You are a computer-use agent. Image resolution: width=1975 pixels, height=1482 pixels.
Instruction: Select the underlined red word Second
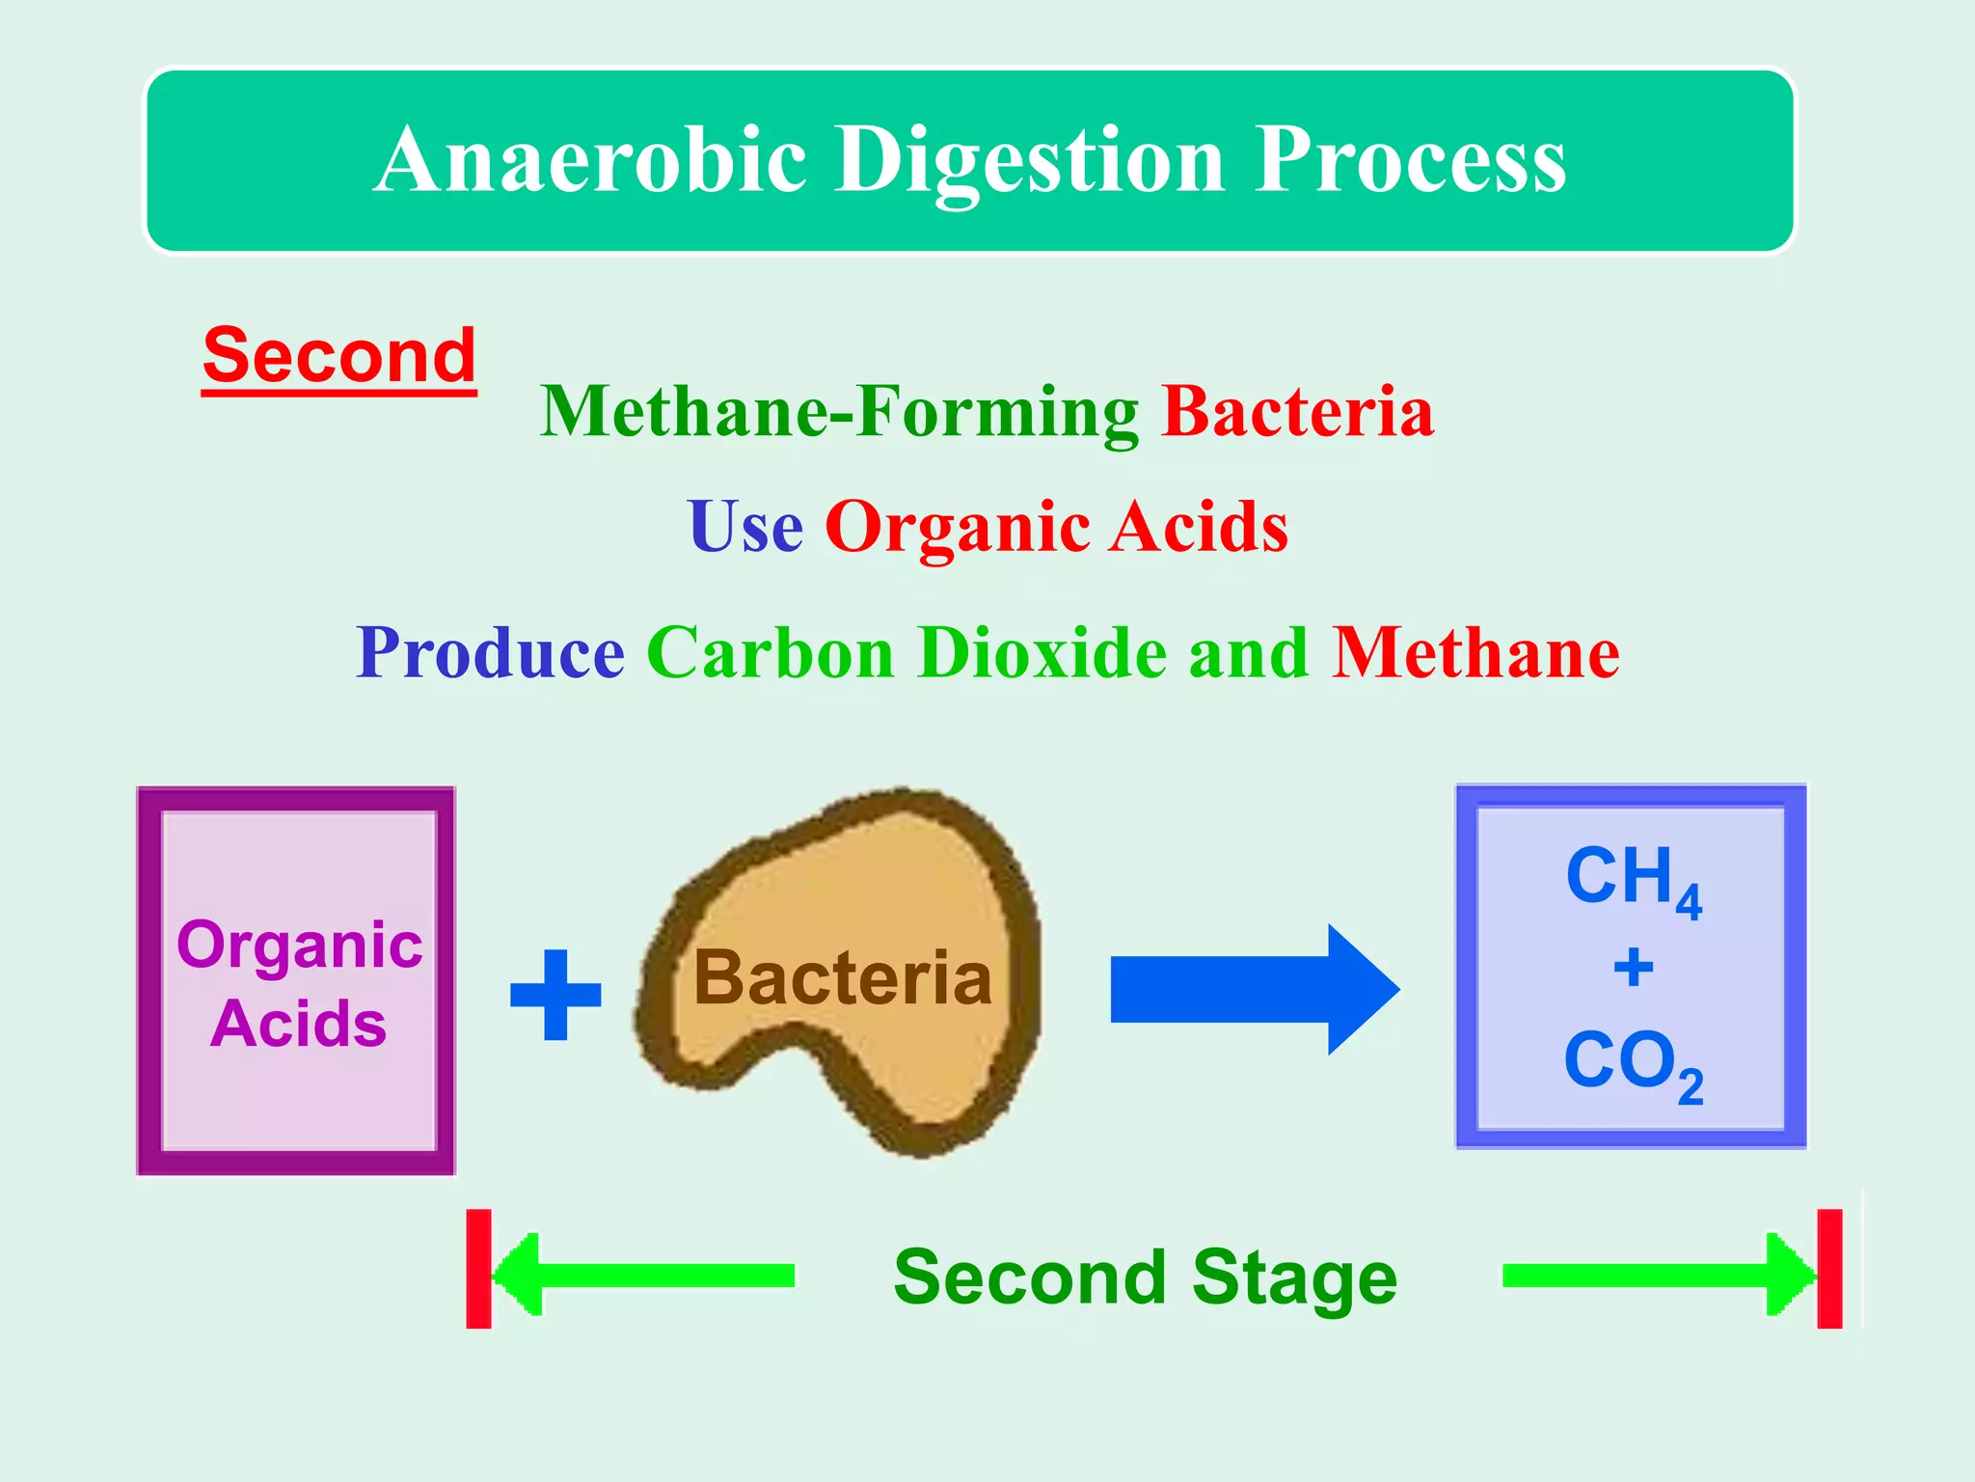pos(339,356)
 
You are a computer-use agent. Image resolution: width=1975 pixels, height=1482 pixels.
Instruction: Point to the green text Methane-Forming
pos(838,412)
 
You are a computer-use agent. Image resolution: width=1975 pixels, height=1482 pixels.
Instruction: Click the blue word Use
pos(744,527)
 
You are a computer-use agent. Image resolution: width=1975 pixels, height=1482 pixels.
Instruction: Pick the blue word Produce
pos(490,653)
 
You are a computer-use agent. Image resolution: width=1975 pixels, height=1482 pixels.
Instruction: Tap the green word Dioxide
pos(1042,653)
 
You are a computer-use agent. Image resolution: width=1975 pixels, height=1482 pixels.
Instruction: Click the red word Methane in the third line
pos(1474,653)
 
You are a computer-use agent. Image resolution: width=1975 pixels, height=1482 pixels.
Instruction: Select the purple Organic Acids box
pos(297,980)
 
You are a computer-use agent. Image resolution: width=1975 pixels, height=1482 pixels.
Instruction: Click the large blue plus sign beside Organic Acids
pos(555,995)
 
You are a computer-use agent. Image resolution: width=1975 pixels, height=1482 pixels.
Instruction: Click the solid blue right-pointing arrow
pos(1254,989)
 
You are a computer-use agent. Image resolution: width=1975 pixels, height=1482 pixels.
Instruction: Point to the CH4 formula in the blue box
pos(1633,878)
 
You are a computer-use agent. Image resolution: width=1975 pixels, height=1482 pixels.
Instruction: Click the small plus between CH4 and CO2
pos(1633,967)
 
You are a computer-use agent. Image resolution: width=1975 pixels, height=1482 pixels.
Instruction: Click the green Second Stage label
pos(1145,1276)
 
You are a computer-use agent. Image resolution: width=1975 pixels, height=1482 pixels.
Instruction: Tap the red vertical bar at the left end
pos(478,1269)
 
